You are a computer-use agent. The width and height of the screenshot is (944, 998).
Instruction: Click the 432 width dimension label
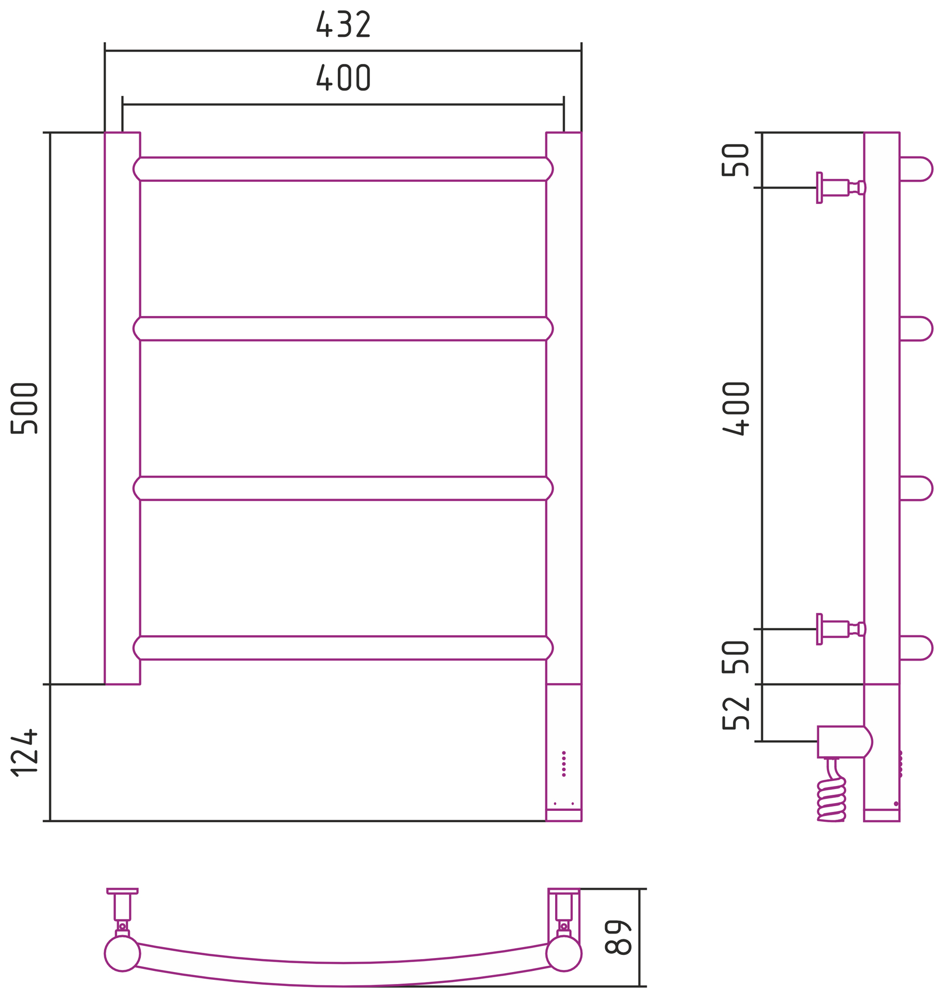343,24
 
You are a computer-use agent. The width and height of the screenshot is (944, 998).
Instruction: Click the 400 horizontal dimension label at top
343,77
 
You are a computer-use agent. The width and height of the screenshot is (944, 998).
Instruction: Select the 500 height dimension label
24,408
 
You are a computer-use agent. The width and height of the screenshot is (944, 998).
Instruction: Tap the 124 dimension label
24,753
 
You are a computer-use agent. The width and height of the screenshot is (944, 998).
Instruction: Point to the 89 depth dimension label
618,937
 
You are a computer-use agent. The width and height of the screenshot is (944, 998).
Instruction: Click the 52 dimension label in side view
736,713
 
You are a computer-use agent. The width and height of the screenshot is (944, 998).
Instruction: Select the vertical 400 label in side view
736,409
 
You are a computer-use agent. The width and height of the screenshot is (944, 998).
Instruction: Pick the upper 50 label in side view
735,160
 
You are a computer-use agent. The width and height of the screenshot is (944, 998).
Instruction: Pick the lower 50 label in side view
735,657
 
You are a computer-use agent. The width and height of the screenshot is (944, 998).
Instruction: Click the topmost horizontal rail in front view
343,169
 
